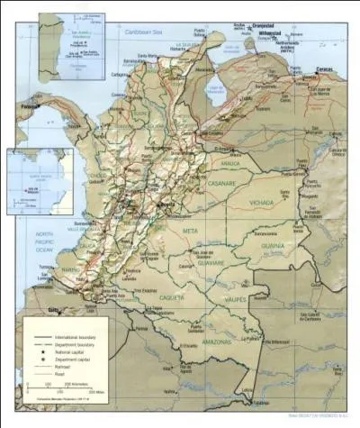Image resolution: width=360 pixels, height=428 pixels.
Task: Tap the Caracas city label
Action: click(326, 69)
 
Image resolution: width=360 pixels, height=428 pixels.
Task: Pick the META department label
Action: click(190, 232)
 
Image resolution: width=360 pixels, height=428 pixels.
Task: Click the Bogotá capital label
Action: click(166, 205)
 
